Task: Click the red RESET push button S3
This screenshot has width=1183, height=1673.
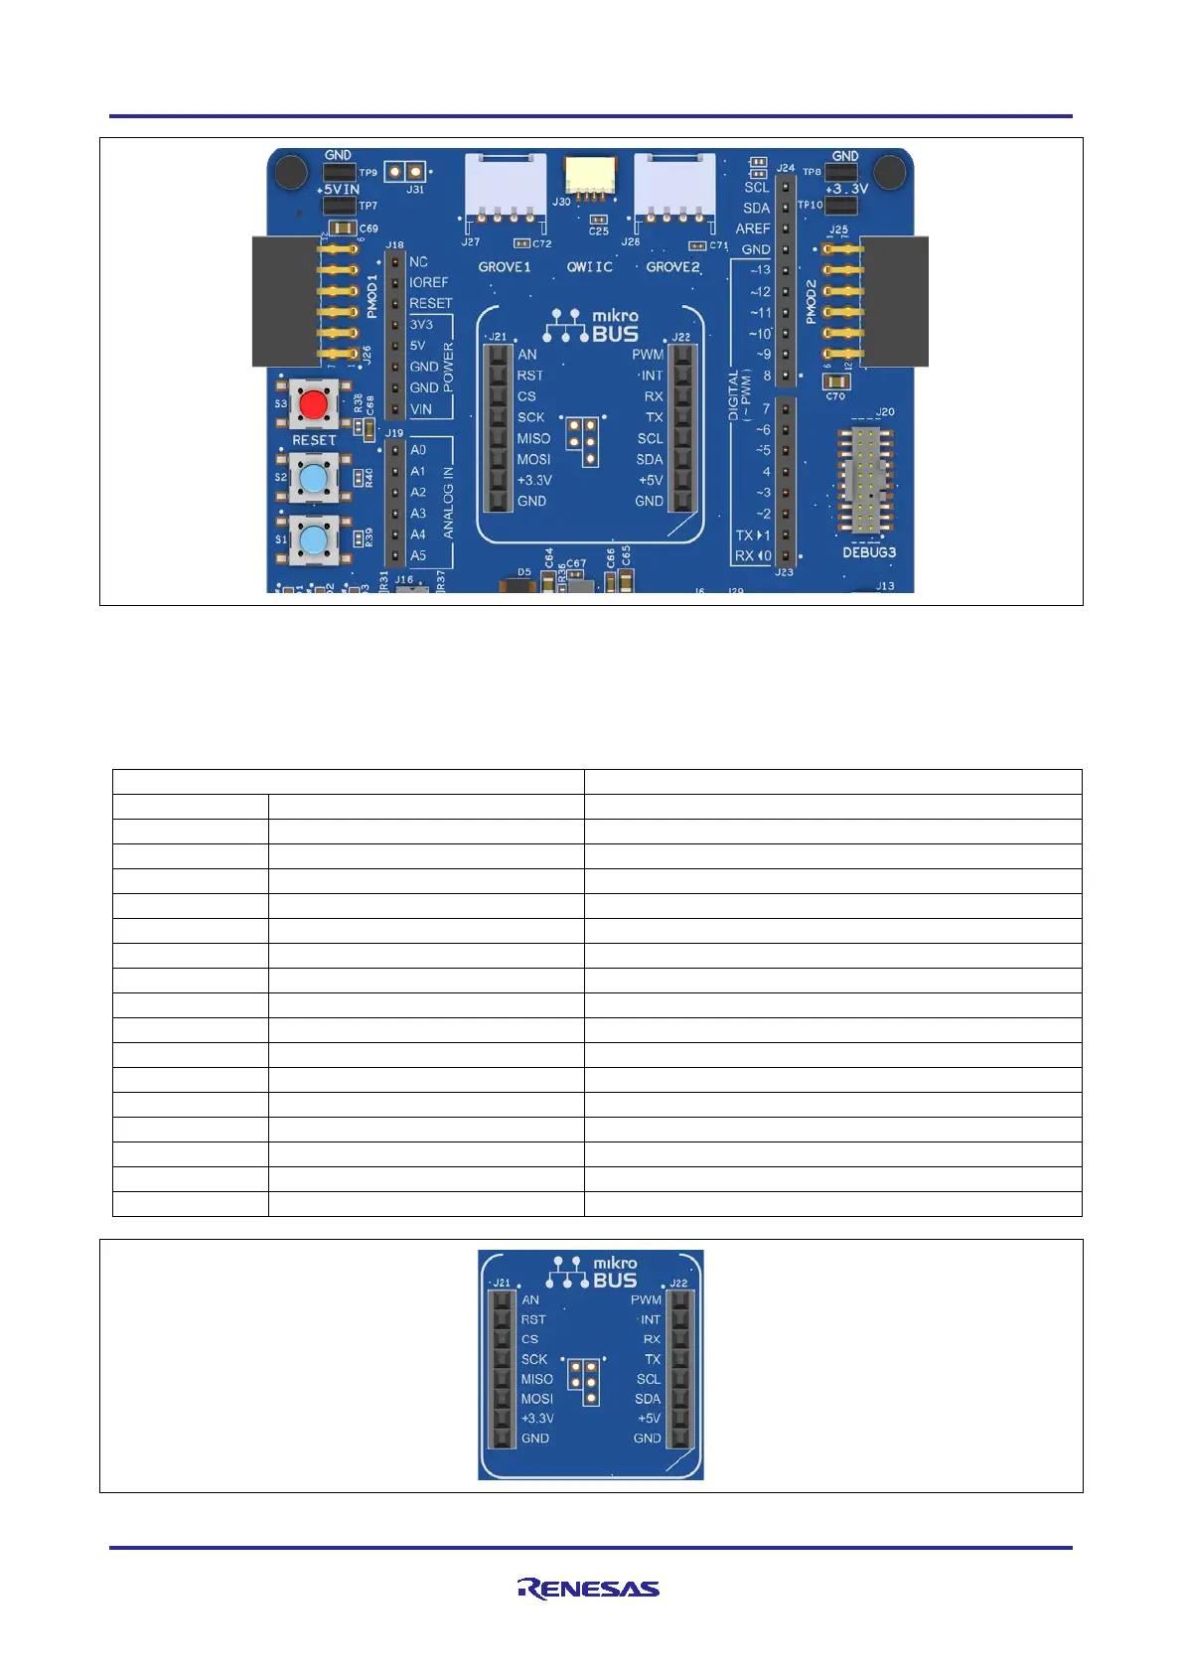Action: pyautogui.click(x=315, y=404)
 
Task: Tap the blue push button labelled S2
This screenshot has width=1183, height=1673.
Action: pyautogui.click(x=314, y=478)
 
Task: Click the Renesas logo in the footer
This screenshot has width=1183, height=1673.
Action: pyautogui.click(x=588, y=1589)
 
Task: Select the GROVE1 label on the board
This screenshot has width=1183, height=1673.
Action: pyautogui.click(x=505, y=267)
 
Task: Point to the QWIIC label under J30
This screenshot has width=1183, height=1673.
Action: pyautogui.click(x=590, y=267)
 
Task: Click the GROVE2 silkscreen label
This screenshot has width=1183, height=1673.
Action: pyautogui.click(x=672, y=267)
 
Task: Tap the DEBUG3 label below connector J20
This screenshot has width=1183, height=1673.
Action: pyautogui.click(x=869, y=552)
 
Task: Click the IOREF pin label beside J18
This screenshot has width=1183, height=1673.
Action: pyautogui.click(x=429, y=282)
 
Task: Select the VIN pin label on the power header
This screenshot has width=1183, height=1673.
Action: pyautogui.click(x=421, y=408)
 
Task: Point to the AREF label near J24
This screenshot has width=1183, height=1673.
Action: pyautogui.click(x=753, y=228)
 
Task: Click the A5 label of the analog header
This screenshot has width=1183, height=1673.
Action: pyautogui.click(x=418, y=555)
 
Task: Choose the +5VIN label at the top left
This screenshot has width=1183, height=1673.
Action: pyautogui.click(x=338, y=189)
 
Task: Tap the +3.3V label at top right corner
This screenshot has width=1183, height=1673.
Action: pyautogui.click(x=846, y=189)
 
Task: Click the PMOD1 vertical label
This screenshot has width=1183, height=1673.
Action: pyautogui.click(x=372, y=296)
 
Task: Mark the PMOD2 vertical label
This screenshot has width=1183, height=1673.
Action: pyautogui.click(x=812, y=301)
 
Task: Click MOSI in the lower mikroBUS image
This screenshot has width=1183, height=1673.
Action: pyautogui.click(x=536, y=1399)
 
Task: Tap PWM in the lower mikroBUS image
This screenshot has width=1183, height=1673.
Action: pyautogui.click(x=646, y=1299)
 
